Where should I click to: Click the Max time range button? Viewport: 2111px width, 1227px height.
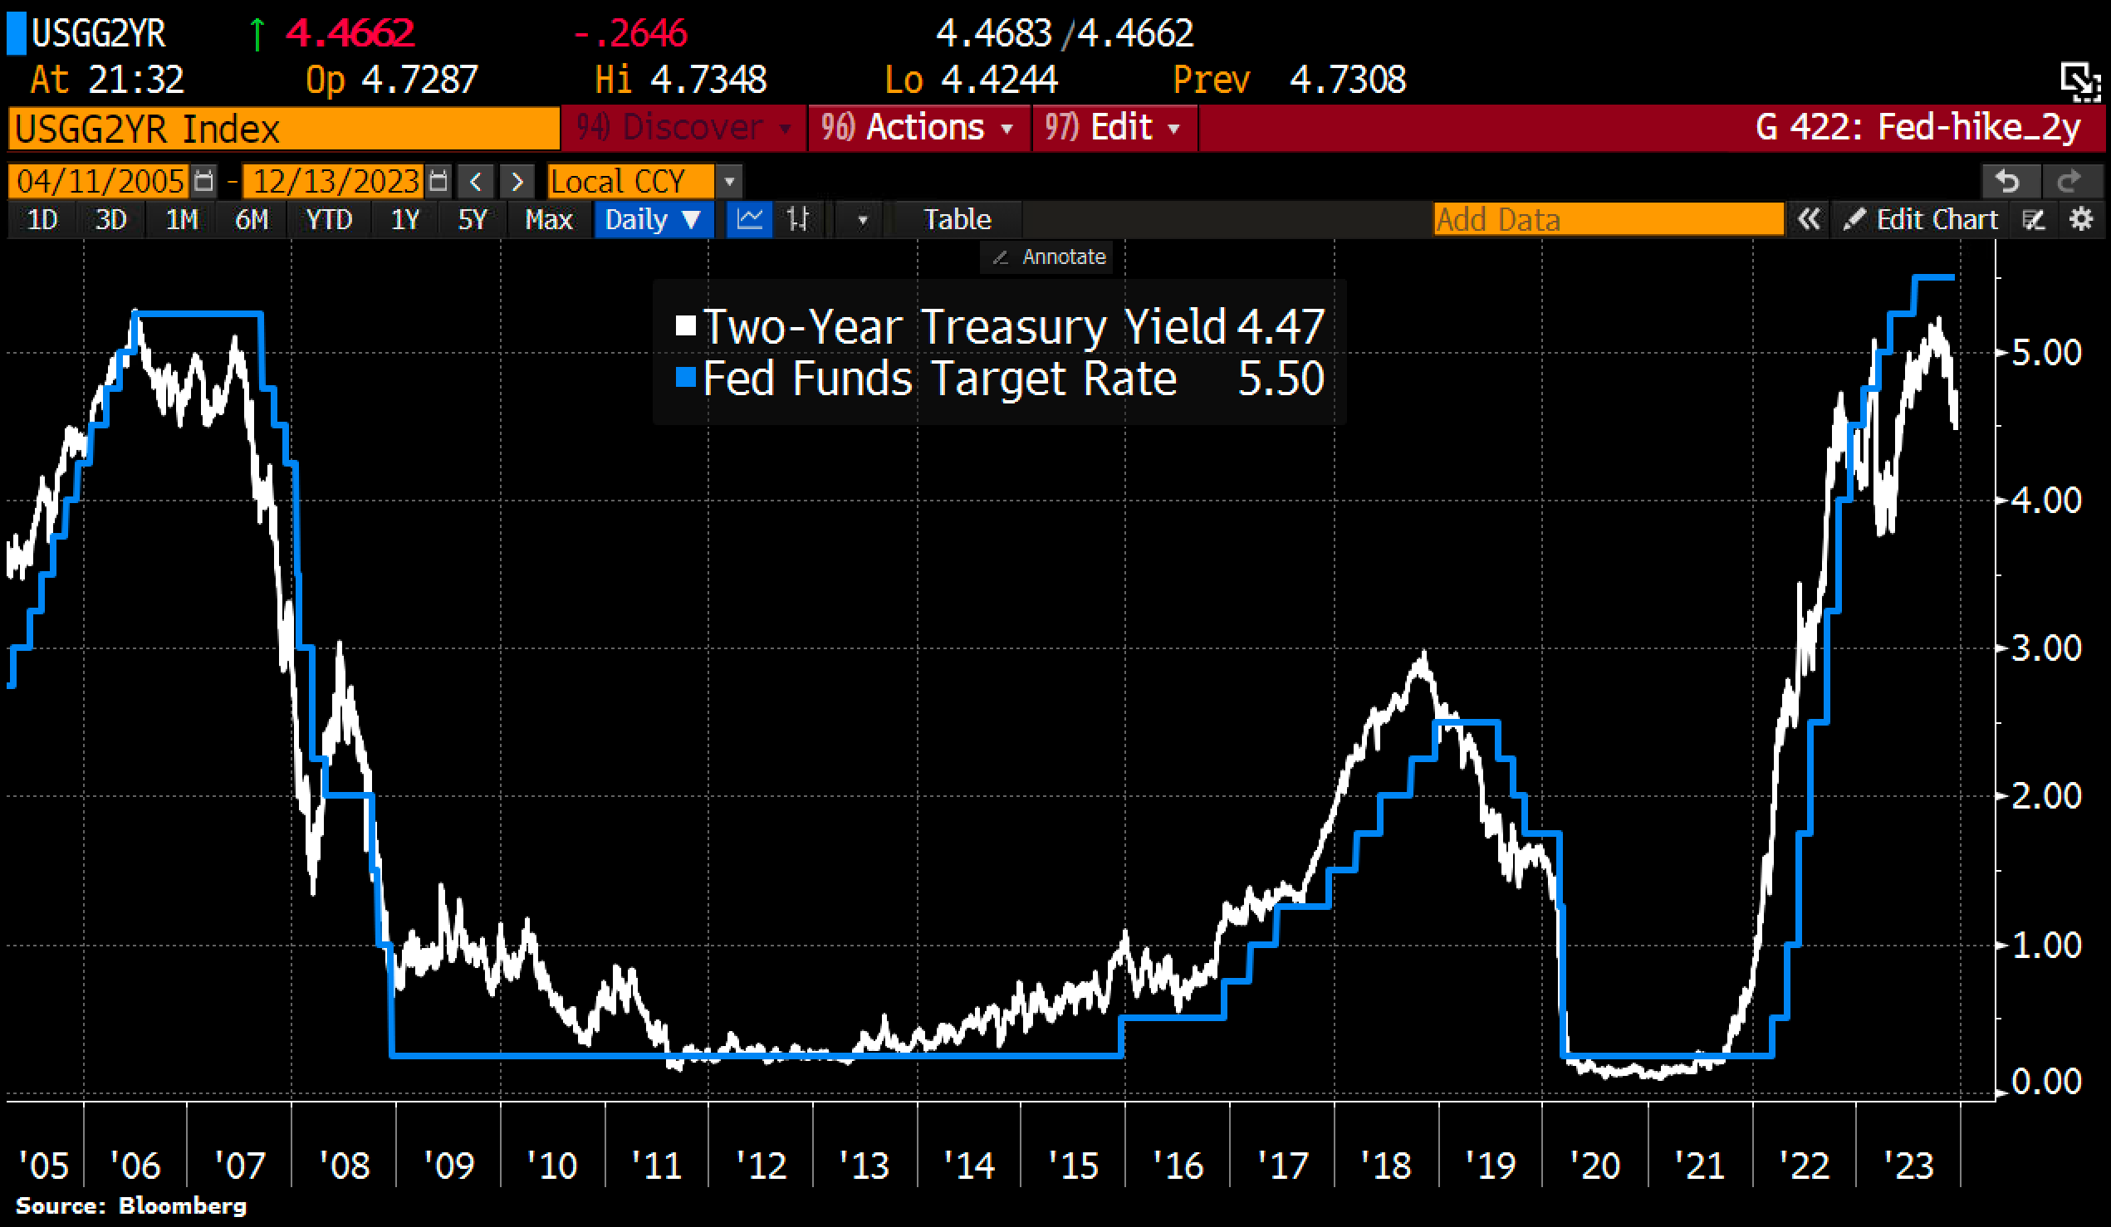tap(548, 220)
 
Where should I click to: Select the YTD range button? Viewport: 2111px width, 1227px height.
tap(328, 220)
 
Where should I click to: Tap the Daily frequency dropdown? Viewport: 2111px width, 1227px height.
tap(652, 220)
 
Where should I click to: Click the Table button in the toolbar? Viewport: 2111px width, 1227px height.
tap(957, 220)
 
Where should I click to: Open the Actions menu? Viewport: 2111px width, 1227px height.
tap(918, 128)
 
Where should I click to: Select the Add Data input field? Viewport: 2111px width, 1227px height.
tap(1607, 220)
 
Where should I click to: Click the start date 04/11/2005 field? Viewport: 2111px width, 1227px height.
tap(100, 182)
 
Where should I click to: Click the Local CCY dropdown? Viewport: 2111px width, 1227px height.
tap(630, 182)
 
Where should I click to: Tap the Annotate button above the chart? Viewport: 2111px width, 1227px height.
tap(1051, 257)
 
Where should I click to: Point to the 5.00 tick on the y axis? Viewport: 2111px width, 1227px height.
tap(2045, 353)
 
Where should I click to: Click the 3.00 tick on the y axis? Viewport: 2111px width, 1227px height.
tap(2045, 648)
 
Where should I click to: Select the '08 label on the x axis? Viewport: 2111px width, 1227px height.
tap(345, 1165)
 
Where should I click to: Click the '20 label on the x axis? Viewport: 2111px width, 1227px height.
tap(1594, 1165)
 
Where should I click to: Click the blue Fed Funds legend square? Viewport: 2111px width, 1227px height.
tap(686, 378)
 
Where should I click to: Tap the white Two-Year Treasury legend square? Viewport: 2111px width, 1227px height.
tap(686, 325)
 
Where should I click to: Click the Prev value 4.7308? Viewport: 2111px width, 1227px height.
tap(1347, 81)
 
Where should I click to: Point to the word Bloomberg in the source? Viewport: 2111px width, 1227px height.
tap(183, 1206)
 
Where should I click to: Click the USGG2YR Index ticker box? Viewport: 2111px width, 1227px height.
tap(283, 129)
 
